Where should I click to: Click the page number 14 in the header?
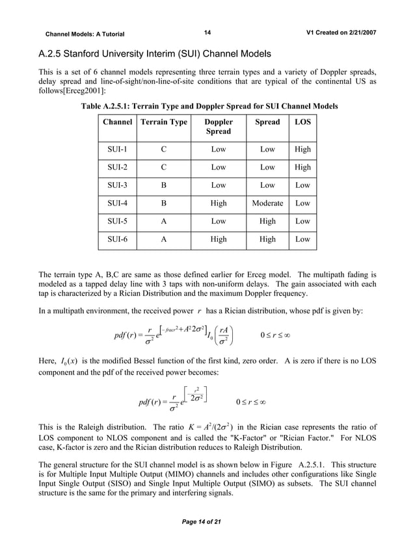(x=207, y=33)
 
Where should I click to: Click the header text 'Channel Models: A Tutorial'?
(x=85, y=34)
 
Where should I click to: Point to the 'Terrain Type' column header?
(x=164, y=122)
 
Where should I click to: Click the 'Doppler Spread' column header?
(x=219, y=127)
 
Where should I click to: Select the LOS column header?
(x=302, y=122)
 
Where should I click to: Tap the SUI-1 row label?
(x=117, y=149)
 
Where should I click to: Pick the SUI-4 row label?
(x=117, y=203)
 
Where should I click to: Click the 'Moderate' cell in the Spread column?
(x=267, y=203)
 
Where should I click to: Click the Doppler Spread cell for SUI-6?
(x=219, y=239)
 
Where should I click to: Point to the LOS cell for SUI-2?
(x=302, y=167)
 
